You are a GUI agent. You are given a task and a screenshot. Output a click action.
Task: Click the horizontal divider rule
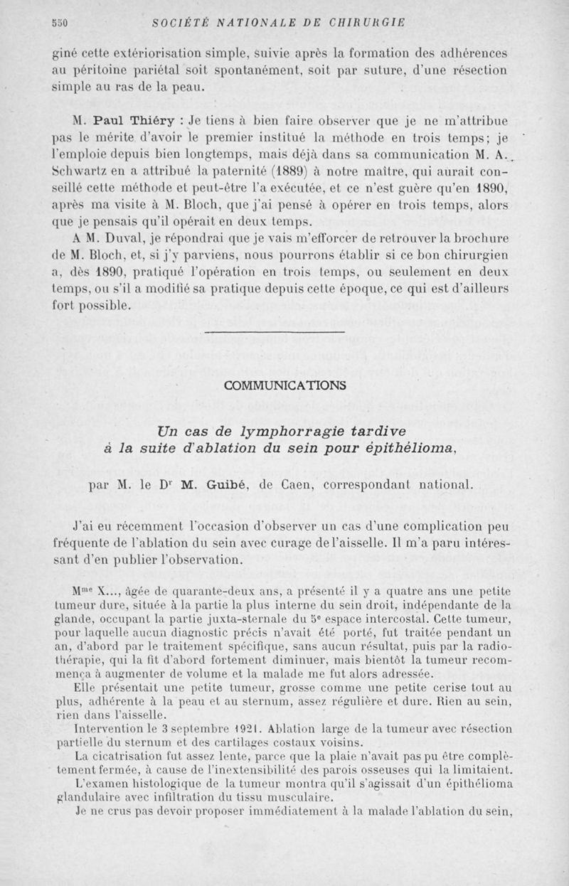(x=274, y=332)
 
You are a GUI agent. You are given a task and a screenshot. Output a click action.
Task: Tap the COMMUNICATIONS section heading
(x=284, y=385)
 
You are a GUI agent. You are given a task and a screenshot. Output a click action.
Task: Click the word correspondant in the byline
(x=375, y=486)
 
